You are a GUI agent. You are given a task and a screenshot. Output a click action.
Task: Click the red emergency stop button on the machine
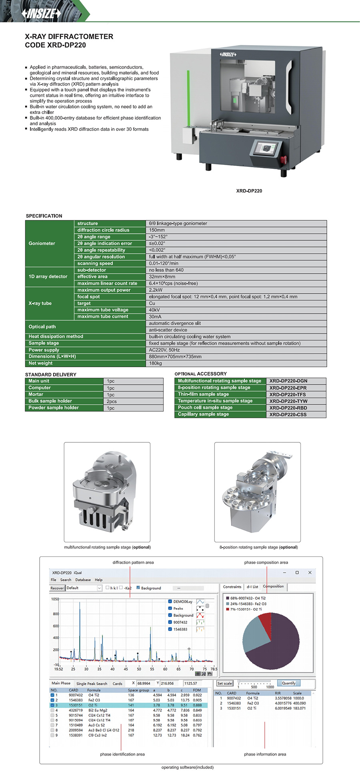click(285, 160)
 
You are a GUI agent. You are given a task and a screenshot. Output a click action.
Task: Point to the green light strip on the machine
click(188, 98)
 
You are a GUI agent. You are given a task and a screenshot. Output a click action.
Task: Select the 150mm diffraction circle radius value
click(157, 230)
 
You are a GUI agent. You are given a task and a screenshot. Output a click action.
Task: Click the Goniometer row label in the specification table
click(42, 243)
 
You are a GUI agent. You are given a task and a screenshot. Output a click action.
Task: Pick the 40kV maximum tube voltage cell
click(154, 310)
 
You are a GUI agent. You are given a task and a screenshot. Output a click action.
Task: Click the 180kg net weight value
click(156, 363)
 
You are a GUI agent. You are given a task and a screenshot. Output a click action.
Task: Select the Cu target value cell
click(152, 303)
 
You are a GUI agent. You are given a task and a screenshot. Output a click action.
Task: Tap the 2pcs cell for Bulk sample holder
click(112, 401)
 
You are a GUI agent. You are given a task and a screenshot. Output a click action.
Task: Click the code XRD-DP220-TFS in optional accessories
click(288, 394)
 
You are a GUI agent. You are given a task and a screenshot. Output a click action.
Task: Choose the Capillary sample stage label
click(203, 414)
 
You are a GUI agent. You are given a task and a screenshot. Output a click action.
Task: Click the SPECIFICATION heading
click(44, 216)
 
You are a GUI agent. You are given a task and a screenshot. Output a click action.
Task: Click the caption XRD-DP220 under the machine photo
click(249, 191)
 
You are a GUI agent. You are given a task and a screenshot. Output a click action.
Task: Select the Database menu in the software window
click(83, 580)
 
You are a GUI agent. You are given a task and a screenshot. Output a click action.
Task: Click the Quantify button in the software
click(288, 683)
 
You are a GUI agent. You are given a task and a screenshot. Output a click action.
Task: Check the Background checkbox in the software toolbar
click(138, 588)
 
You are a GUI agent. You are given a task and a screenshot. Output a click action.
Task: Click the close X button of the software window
click(310, 572)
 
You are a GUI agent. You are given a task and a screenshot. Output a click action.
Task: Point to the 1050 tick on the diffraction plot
click(55, 599)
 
